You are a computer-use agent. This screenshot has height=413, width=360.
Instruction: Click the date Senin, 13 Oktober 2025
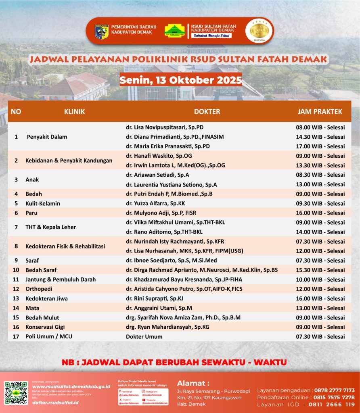pyautogui.click(x=180, y=80)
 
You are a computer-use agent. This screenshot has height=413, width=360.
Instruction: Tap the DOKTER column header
pyautogui.click(x=207, y=111)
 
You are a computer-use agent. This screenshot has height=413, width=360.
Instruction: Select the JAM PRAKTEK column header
pyautogui.click(x=320, y=111)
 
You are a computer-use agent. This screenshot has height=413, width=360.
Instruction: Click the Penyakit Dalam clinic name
pyautogui.click(x=47, y=137)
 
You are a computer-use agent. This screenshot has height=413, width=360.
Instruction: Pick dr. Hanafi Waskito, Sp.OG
pyautogui.click(x=159, y=156)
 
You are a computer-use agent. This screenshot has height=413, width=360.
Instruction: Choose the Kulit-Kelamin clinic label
pyautogui.click(x=43, y=203)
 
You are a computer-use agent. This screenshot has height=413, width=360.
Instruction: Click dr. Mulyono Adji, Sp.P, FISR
pyautogui.click(x=161, y=213)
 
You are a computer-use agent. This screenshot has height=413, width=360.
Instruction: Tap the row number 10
pyautogui.click(x=16, y=270)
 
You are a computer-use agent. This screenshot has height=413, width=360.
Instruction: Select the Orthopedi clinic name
pyautogui.click(x=39, y=289)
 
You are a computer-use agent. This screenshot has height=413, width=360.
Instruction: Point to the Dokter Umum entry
pyautogui.click(x=144, y=336)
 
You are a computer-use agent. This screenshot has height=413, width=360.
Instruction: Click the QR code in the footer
pyautogui.click(x=16, y=393)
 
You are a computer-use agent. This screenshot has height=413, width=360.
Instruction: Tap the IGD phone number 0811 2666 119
pyautogui.click(x=331, y=404)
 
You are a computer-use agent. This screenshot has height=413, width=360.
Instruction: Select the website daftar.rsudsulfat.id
pyautogui.click(x=55, y=403)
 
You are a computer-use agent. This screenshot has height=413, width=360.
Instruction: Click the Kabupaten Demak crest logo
pyautogui.click(x=101, y=31)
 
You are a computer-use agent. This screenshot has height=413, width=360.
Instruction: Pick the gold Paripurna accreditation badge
pyautogui.click(x=259, y=31)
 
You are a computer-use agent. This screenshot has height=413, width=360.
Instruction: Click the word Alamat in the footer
pyautogui.click(x=193, y=383)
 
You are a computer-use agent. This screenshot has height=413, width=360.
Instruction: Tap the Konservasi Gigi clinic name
pyautogui.click(x=45, y=327)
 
